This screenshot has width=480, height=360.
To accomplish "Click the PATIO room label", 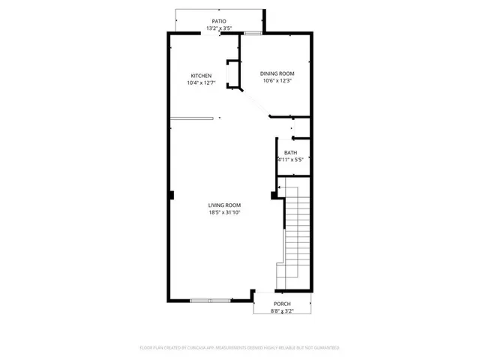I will (x=219, y=22).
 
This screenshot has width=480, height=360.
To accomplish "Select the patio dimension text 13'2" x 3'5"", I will (x=219, y=29).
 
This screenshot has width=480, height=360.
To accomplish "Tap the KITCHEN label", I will (x=201, y=76).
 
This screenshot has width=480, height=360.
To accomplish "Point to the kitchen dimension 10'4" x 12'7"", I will (x=201, y=82).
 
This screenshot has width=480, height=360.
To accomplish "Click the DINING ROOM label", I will (x=277, y=73).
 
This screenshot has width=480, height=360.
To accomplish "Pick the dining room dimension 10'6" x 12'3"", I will (x=277, y=81).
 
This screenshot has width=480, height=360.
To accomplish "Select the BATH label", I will (x=290, y=152).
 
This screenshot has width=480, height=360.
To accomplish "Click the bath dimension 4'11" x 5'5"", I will (x=290, y=159).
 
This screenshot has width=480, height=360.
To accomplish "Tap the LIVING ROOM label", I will (x=224, y=205).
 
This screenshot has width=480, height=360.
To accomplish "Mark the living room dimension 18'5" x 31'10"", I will (x=224, y=212).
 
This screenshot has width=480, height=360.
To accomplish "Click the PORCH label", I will (x=282, y=304).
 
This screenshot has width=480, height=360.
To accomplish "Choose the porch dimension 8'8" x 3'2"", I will (x=282, y=311).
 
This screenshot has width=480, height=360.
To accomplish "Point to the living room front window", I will (x=211, y=300).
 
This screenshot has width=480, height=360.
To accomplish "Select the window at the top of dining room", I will (x=253, y=33).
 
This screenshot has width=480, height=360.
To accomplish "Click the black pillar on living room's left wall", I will (x=171, y=195).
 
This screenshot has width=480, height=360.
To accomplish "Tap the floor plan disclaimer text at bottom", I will (x=240, y=348).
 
